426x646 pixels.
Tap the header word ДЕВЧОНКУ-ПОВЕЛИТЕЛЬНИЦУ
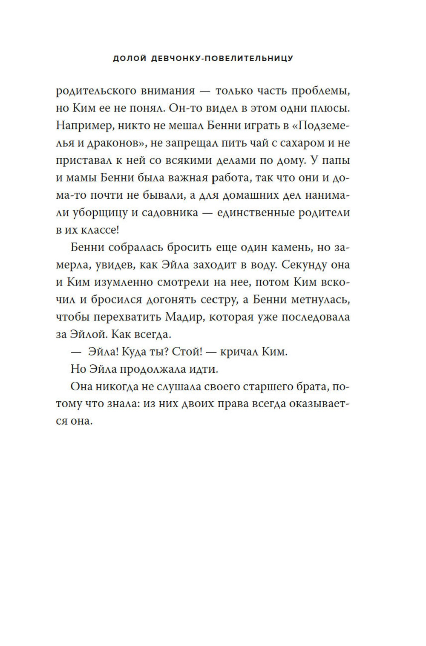point(222,58)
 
